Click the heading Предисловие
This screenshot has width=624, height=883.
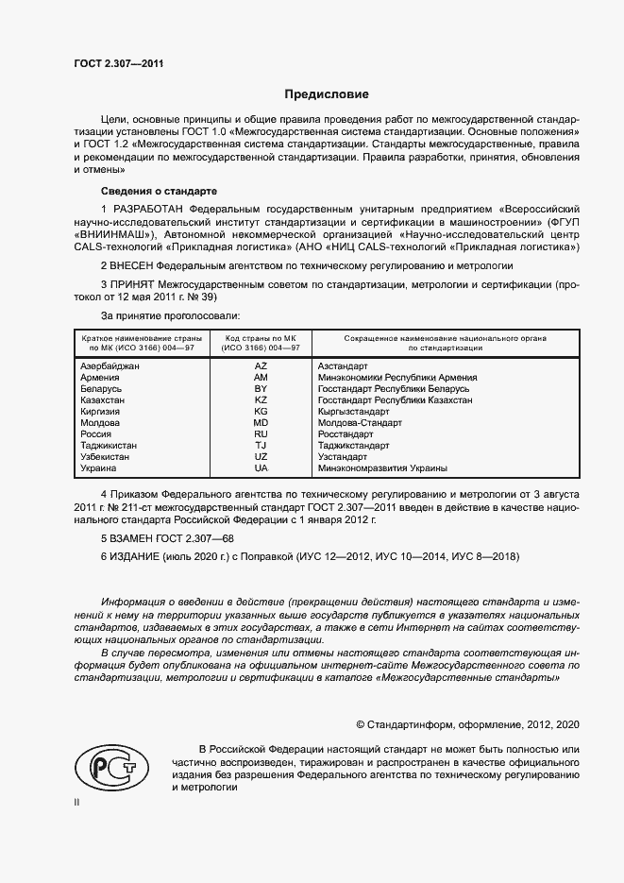coord(328,94)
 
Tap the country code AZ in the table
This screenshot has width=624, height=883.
coord(261,365)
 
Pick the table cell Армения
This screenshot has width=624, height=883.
coord(100,377)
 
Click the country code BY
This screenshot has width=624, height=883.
coord(261,388)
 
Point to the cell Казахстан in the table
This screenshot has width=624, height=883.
coord(104,399)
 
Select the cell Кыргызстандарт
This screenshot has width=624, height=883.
coord(353,411)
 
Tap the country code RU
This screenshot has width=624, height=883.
coord(261,433)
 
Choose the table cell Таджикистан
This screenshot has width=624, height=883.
coord(109,445)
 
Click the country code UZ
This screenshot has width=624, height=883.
coord(261,456)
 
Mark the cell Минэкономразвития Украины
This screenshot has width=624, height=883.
coord(382,467)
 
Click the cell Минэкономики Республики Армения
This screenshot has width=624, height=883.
coord(397,377)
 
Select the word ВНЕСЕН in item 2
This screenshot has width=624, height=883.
coord(134,267)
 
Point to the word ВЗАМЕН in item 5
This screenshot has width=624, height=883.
coord(134,537)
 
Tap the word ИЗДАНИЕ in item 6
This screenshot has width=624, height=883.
coord(137,557)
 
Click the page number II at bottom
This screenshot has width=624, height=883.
coord(76,803)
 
